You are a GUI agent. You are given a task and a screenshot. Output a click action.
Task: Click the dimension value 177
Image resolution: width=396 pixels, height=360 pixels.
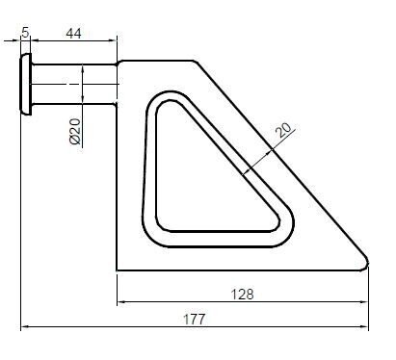194,320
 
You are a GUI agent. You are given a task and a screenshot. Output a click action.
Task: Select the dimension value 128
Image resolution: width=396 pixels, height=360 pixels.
243,295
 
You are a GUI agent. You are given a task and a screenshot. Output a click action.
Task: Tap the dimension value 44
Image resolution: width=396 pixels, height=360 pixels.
73,33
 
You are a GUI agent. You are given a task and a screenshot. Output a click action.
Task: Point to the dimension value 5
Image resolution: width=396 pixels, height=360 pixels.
25,32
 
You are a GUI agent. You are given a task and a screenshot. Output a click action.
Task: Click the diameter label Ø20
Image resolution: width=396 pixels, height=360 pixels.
75,132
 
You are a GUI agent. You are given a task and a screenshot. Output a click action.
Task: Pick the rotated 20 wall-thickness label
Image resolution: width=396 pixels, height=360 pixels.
284,130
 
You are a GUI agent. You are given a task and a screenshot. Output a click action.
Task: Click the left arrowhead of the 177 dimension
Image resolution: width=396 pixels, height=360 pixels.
24,327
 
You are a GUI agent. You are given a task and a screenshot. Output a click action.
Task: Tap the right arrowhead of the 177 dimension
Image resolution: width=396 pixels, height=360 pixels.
364,327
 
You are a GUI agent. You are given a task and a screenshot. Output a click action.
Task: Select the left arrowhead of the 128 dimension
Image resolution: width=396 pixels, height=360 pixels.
121,301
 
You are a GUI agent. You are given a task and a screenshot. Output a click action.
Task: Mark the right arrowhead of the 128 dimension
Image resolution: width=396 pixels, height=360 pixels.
364,301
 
